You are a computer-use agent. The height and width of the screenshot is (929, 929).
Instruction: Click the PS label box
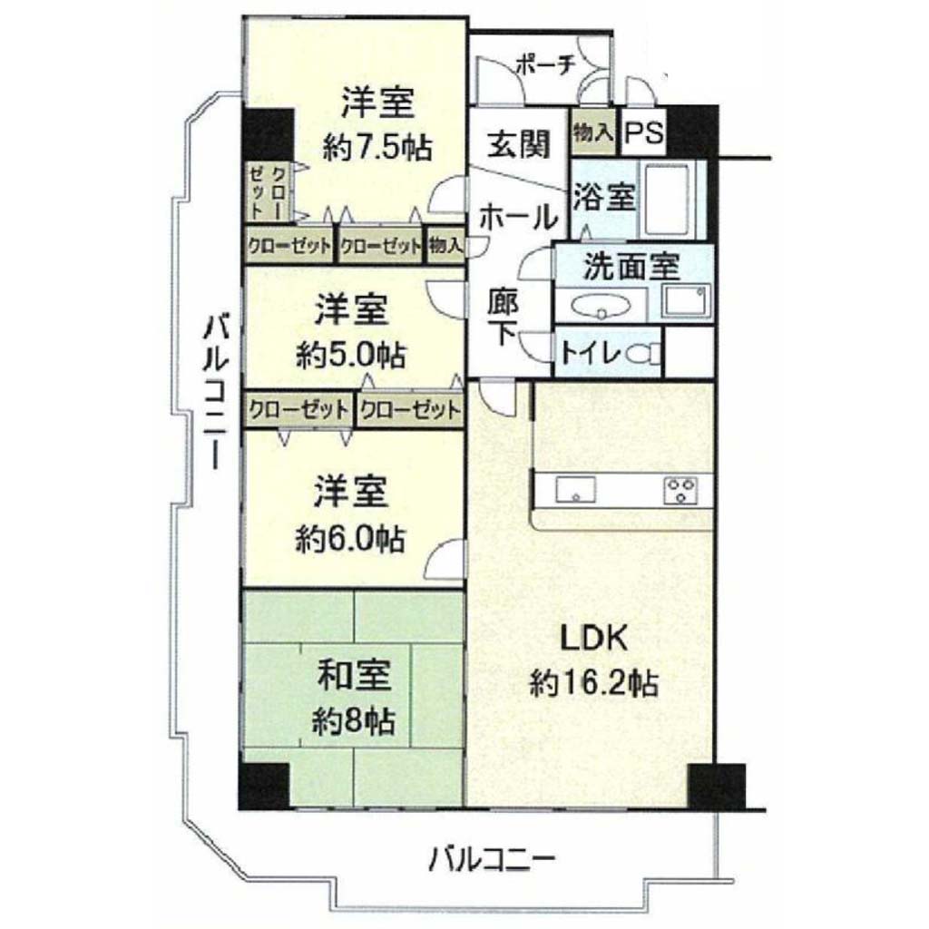click(x=644, y=132)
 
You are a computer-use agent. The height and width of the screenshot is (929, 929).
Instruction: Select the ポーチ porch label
click(x=545, y=65)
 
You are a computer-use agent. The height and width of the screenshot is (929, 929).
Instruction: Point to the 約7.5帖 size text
click(x=377, y=148)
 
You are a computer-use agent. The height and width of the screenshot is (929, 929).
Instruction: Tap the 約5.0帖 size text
click(x=351, y=355)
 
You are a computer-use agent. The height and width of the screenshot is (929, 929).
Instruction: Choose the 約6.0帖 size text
click(x=351, y=539)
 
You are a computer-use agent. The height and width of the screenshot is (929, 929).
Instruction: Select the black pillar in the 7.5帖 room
click(x=268, y=134)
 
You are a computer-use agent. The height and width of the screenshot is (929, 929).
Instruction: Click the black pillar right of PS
click(x=692, y=132)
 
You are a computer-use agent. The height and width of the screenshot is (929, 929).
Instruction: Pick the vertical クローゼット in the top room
click(x=268, y=192)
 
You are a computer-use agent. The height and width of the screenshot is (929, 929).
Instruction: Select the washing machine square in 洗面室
click(x=686, y=300)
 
